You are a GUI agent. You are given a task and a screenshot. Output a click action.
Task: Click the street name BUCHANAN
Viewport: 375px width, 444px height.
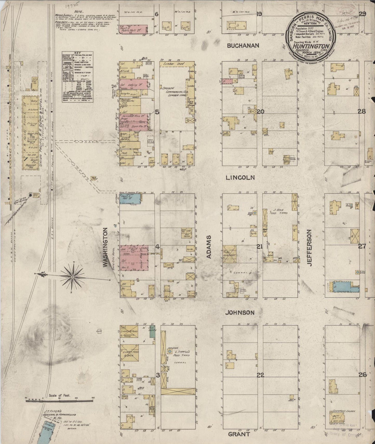click(x=243, y=46)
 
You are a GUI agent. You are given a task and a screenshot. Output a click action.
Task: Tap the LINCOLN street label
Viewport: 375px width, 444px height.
click(x=240, y=178)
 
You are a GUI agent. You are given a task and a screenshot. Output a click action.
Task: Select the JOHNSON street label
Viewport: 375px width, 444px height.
click(x=240, y=313)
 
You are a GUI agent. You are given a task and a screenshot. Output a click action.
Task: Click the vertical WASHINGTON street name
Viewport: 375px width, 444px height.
click(x=105, y=247)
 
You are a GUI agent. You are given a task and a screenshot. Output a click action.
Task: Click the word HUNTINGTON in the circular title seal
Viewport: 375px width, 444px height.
click(x=311, y=46)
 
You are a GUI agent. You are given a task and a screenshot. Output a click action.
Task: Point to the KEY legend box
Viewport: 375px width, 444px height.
click(x=77, y=77)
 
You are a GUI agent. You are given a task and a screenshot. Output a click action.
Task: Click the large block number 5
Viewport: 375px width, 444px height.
click(x=157, y=112)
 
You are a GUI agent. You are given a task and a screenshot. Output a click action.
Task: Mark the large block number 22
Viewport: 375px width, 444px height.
click(x=260, y=375)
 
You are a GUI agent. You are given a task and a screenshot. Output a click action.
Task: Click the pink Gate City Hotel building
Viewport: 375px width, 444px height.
click(x=134, y=258)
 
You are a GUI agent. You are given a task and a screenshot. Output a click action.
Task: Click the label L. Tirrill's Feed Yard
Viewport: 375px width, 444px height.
click(x=180, y=354)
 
